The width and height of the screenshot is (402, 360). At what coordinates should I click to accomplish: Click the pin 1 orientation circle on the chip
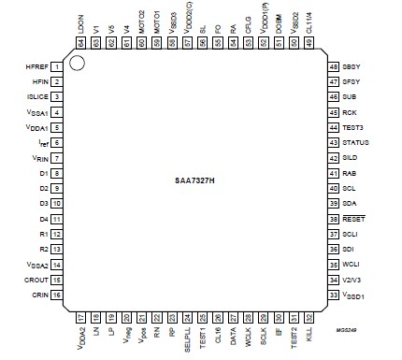pyautogui.click(x=79, y=65)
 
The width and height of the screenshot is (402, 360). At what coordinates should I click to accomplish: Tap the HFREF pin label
pyautogui.click(x=36, y=66)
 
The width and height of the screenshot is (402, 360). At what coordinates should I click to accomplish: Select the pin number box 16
pyautogui.click(x=56, y=295)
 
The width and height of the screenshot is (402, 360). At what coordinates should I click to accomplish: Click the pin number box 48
pyautogui.click(x=333, y=67)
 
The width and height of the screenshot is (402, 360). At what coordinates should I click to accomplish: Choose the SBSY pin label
pyautogui.click(x=352, y=67)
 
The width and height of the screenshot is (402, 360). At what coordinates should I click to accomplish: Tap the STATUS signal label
pyautogui.click(x=356, y=142)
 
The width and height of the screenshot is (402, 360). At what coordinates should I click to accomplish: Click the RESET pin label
pyautogui.click(x=354, y=218)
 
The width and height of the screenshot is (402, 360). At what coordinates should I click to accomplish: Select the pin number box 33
pyautogui.click(x=333, y=295)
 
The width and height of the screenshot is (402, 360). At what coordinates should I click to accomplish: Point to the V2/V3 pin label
pyautogui.click(x=353, y=280)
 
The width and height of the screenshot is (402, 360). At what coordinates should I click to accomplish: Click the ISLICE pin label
pyautogui.click(x=37, y=96)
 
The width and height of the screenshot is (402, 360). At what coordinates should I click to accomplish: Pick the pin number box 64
pyautogui.click(x=80, y=43)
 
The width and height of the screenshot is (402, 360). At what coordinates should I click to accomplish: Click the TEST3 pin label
pyautogui.click(x=353, y=127)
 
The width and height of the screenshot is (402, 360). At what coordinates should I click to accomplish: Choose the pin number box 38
pyautogui.click(x=333, y=218)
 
